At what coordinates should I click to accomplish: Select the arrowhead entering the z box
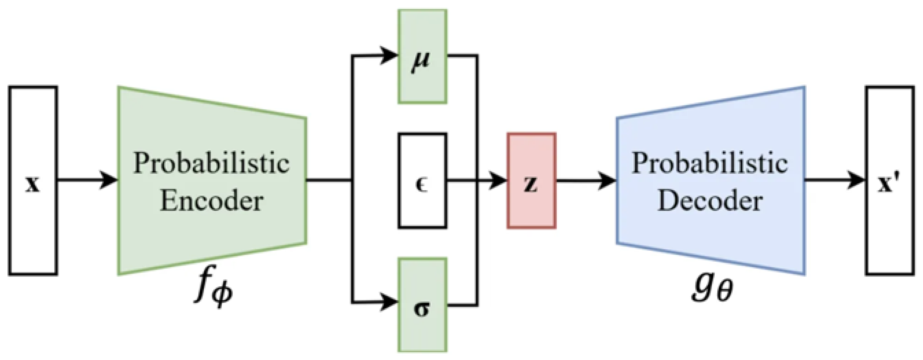(x=498, y=180)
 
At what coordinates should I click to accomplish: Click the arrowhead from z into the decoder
(x=607, y=180)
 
